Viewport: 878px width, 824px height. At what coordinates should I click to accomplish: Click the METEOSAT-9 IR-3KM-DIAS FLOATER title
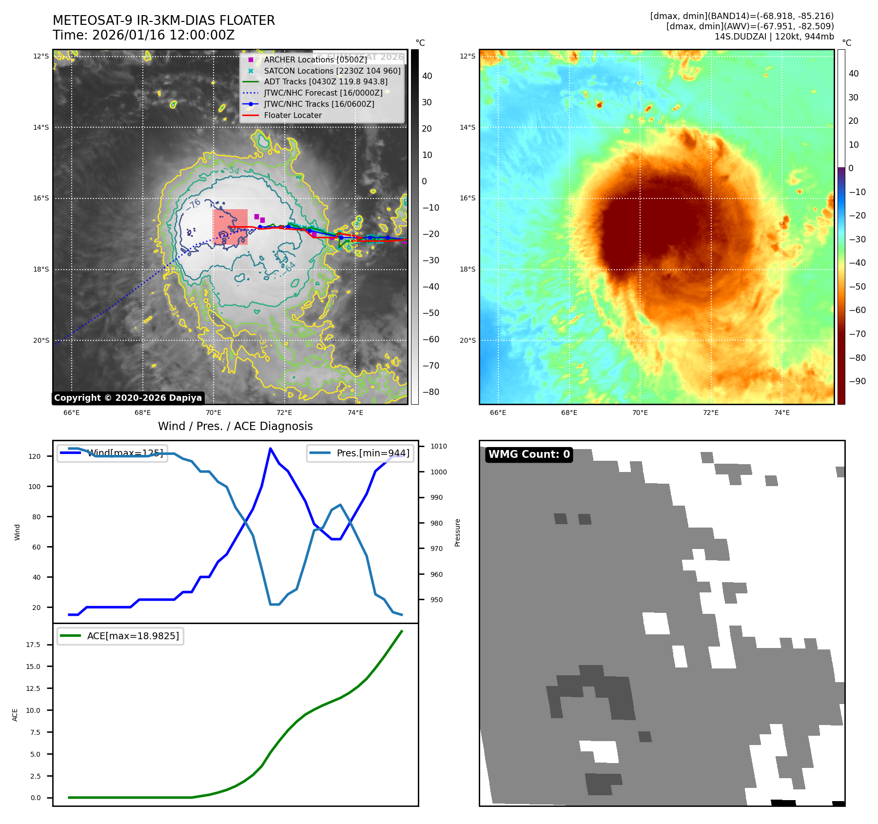[164, 20]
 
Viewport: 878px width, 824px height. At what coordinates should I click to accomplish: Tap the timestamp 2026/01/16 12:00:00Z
[163, 36]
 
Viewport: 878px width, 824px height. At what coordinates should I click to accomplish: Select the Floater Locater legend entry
[293, 116]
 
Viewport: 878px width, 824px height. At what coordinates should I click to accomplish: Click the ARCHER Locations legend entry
[315, 60]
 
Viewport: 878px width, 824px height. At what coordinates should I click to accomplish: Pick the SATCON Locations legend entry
[332, 71]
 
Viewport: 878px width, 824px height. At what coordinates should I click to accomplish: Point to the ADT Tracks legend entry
[326, 82]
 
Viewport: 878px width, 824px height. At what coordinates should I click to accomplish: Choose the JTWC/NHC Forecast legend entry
[323, 93]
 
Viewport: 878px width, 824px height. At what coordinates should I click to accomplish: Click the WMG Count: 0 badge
[529, 454]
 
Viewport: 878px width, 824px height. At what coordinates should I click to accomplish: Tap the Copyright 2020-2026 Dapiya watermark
[128, 398]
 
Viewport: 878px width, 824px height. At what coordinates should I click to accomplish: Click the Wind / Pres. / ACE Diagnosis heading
[235, 427]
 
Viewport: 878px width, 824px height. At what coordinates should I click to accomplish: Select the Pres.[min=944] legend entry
[373, 453]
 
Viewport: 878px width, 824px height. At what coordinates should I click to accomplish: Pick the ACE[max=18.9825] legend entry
[133, 636]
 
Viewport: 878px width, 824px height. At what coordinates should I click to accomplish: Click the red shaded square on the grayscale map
[230, 227]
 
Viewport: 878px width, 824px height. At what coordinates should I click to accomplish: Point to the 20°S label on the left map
[41, 341]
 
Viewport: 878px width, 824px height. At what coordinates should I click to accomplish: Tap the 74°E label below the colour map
[782, 413]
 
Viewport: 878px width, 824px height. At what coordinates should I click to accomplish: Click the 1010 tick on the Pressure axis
[438, 447]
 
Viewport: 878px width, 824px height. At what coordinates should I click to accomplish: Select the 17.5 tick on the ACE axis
[33, 645]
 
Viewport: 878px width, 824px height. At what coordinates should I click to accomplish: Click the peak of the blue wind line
[271, 449]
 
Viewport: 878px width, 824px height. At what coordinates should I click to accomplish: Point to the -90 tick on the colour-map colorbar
[857, 381]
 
